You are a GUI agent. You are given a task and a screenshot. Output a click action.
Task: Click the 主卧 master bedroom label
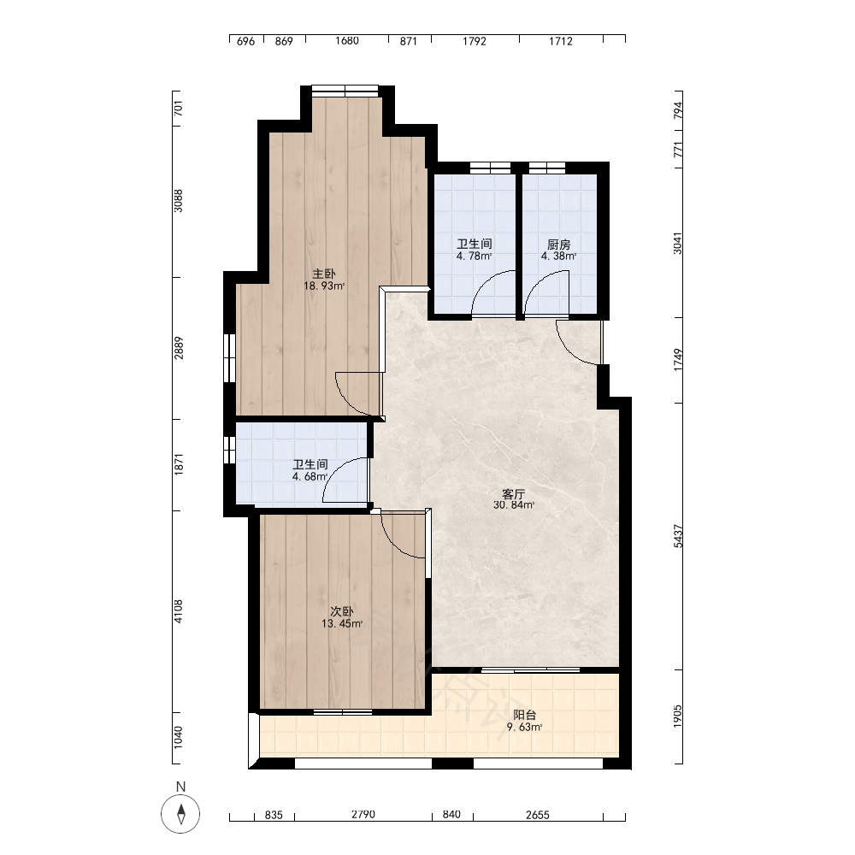(324, 274)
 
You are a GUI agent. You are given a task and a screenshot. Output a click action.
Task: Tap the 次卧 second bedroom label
(342, 612)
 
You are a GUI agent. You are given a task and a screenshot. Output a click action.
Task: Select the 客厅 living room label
(514, 494)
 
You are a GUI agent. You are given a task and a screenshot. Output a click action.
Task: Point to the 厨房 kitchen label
(559, 245)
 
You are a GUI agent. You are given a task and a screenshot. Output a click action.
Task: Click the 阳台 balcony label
(525, 716)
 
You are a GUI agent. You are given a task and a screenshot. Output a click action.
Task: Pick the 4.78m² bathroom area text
(475, 256)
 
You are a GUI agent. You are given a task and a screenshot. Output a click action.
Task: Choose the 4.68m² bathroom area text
(310, 476)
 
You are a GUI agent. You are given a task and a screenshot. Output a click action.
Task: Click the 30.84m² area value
(514, 505)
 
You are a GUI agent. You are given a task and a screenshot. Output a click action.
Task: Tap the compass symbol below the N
(180, 814)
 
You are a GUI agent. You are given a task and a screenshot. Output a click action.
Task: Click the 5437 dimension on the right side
(678, 536)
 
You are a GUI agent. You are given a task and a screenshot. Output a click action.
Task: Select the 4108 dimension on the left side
(179, 611)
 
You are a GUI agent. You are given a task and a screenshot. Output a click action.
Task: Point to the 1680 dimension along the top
(347, 41)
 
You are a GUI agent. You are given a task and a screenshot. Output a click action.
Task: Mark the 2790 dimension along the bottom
(363, 815)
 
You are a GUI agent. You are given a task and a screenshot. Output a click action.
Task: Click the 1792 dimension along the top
(475, 41)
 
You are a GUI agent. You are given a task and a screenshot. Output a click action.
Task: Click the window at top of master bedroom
(345, 91)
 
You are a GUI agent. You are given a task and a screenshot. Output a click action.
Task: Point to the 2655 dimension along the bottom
(538, 815)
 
